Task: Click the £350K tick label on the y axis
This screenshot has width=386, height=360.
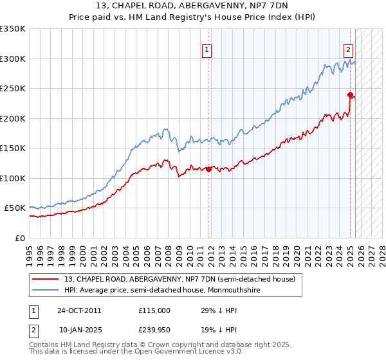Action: click(14, 29)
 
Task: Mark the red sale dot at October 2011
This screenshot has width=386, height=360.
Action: click(209, 169)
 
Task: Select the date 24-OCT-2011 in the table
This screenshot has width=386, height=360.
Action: click(79, 310)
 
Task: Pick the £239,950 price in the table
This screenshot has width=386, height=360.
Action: click(154, 330)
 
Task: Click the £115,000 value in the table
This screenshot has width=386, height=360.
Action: click(154, 310)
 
